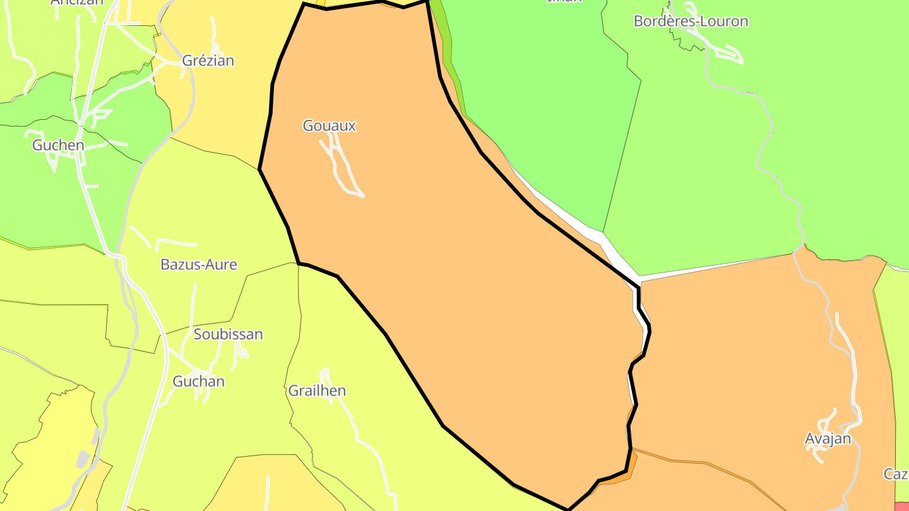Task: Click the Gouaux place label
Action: pos(329,126)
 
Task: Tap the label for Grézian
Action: pos(208,61)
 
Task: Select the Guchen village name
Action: pos(58,145)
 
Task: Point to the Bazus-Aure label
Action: pos(198,264)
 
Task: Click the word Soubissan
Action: pos(228,334)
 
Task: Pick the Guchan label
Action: pos(198,381)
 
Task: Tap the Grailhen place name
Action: pos(317,391)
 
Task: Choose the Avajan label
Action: pos(828,438)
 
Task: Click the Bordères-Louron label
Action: pos(691,21)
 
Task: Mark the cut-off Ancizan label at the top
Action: pos(76,3)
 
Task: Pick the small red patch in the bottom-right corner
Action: pos(902,506)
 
